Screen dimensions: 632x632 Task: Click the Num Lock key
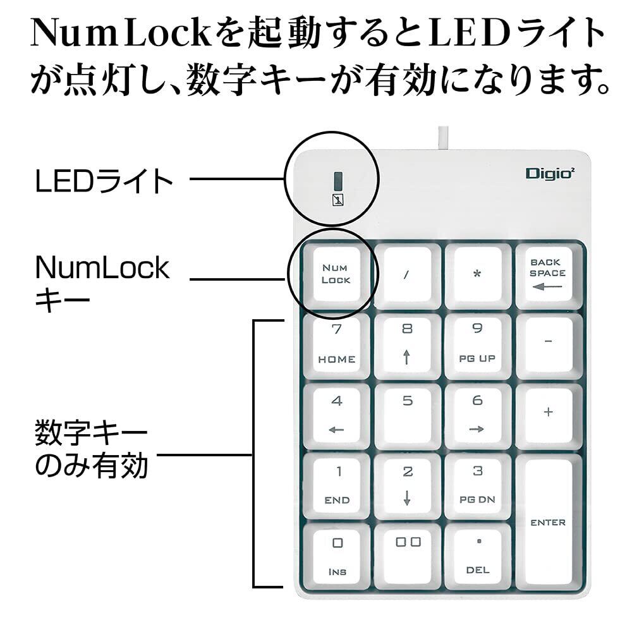click(336, 275)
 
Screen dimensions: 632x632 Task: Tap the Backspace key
click(547, 275)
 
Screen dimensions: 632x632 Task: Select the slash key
click(407, 275)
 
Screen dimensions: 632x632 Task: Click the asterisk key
click(477, 275)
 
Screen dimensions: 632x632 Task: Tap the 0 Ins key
click(337, 556)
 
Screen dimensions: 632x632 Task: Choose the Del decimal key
click(477, 556)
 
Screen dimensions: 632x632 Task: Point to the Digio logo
click(549, 173)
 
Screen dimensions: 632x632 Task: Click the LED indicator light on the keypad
click(337, 181)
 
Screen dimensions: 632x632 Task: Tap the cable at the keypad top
click(442, 139)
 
